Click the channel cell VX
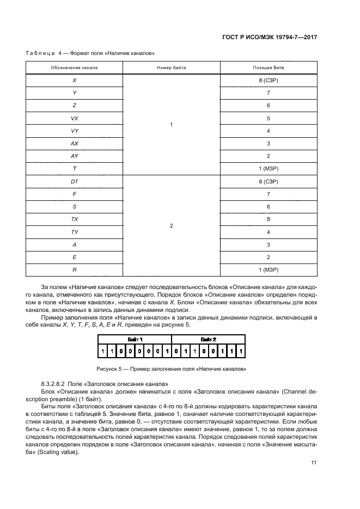tap(74, 118)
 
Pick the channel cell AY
tap(74, 156)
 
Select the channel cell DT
tap(74, 181)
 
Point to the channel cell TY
tap(74, 231)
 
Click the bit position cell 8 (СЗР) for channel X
tap(269, 80)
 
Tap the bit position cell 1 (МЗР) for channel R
tap(269, 269)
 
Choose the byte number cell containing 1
tap(172, 125)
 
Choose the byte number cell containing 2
tap(172, 225)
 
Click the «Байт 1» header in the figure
tap(135, 339)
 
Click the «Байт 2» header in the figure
tap(209, 339)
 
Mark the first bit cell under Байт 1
tap(102, 351)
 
